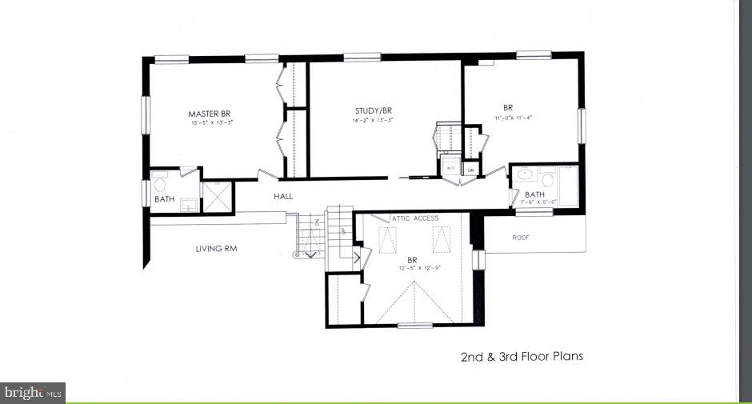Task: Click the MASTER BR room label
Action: point(210,114)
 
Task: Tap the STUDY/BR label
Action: point(374,110)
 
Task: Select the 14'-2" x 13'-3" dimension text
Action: point(374,120)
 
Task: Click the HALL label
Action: point(284,195)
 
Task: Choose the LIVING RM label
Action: point(216,249)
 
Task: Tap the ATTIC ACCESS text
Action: point(417,218)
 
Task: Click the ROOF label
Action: point(521,238)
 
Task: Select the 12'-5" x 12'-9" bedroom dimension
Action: point(414,268)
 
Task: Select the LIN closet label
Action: point(472,170)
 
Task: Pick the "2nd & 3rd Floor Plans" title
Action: point(522,356)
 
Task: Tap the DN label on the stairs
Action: point(317,222)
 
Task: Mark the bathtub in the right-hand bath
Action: point(570,186)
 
